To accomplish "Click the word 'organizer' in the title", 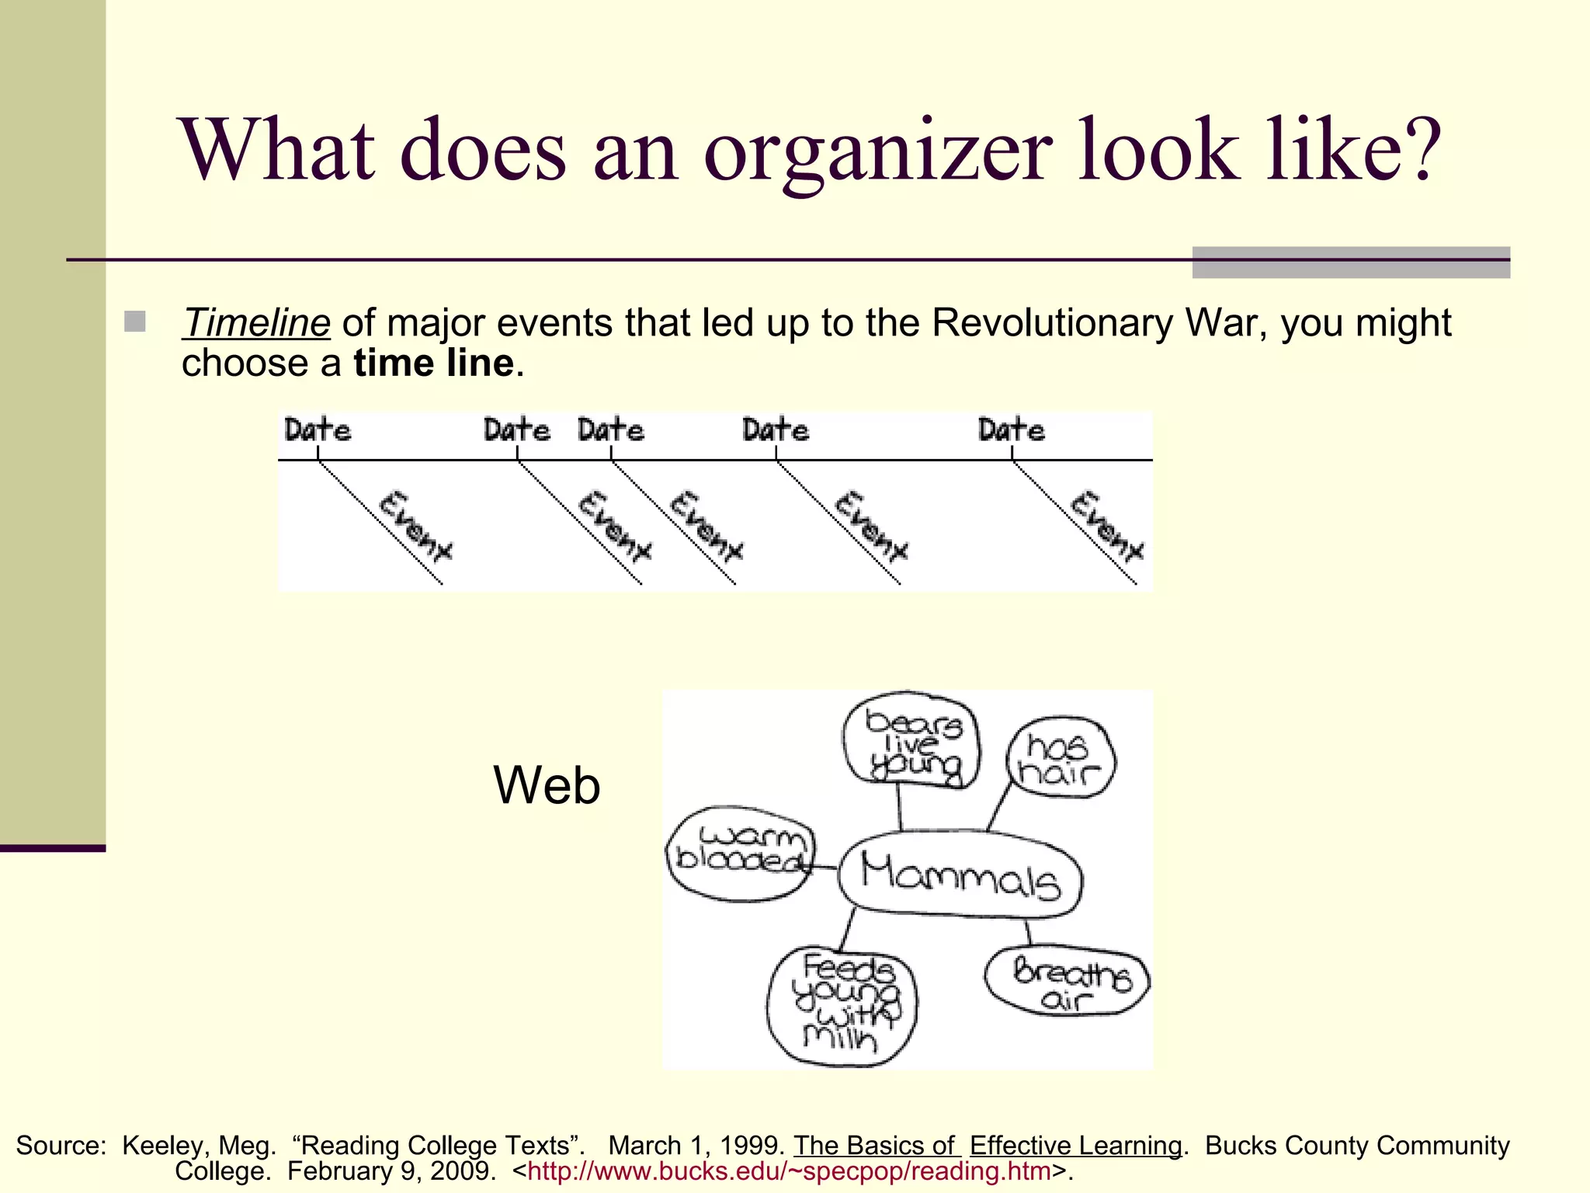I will pos(877,151).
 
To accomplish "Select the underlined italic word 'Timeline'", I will pos(256,323).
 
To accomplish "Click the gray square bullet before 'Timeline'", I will pos(135,322).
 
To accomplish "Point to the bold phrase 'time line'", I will pos(433,363).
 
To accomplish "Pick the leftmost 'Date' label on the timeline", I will pos(318,430).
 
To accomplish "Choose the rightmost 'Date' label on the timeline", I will pos(1011,430).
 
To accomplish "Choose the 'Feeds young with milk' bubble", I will pos(842,1007).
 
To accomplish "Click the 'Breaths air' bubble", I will pos(1069,981).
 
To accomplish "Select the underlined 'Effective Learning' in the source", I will pos(1075,1146).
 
